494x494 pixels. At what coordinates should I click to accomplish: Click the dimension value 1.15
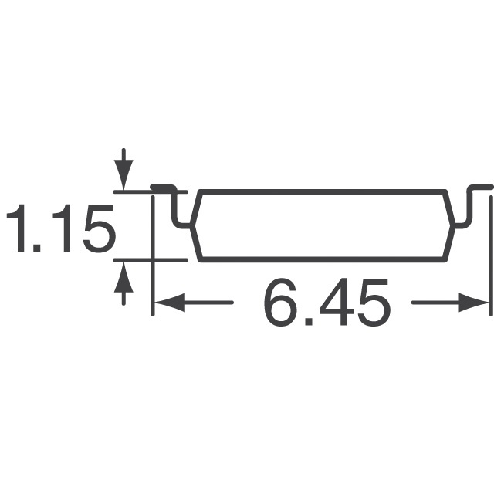(x=60, y=225)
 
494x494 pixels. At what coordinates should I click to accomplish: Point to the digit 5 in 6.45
(x=371, y=303)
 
